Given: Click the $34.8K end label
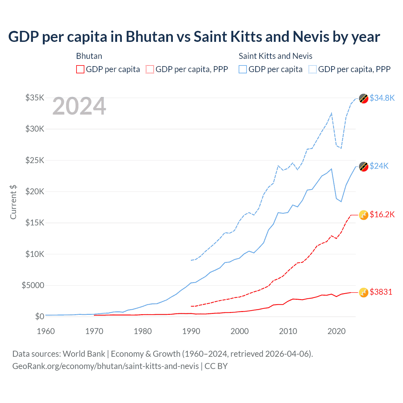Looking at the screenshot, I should tap(382, 98).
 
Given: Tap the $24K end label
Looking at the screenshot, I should tap(379, 166).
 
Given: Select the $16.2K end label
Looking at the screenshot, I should tap(382, 214).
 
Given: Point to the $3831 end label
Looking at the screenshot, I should tap(381, 292).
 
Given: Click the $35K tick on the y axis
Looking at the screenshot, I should tap(35, 98).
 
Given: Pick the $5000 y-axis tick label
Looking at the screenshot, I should tap(33, 285).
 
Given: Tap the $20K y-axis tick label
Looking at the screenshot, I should tap(35, 191).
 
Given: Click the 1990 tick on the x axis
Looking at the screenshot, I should tap(191, 331).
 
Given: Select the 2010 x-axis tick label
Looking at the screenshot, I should tap(288, 331).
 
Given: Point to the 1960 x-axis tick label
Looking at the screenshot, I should tap(46, 331).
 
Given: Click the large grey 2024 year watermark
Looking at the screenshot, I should tap(79, 106).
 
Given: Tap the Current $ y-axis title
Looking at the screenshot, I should tap(13, 202).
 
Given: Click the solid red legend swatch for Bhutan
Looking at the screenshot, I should tap(80, 69).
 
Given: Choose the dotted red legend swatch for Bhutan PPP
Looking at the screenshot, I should tap(150, 69).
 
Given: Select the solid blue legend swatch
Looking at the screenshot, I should tap(243, 69).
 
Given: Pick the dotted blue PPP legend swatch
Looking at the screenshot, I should tap(313, 69).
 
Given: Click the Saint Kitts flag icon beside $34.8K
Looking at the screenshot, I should tap(364, 99).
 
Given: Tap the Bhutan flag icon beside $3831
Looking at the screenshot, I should tap(364, 292).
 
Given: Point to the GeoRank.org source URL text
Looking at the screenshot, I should tap(105, 366).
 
